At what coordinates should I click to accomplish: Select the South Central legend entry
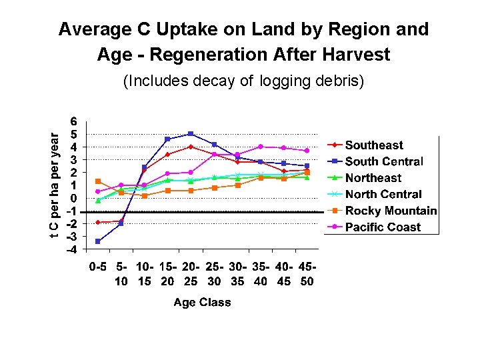point(383,161)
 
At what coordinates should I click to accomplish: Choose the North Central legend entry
point(383,195)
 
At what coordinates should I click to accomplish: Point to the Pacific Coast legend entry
point(383,227)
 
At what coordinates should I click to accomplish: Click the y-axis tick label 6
point(74,121)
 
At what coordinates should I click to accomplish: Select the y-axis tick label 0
point(74,199)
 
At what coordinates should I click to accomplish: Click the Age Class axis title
point(202,303)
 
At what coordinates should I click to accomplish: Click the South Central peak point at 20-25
point(191,134)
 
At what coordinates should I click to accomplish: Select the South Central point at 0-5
point(98,241)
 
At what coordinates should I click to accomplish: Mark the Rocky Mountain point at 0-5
point(98,181)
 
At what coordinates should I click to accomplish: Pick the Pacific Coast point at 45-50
point(307,151)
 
